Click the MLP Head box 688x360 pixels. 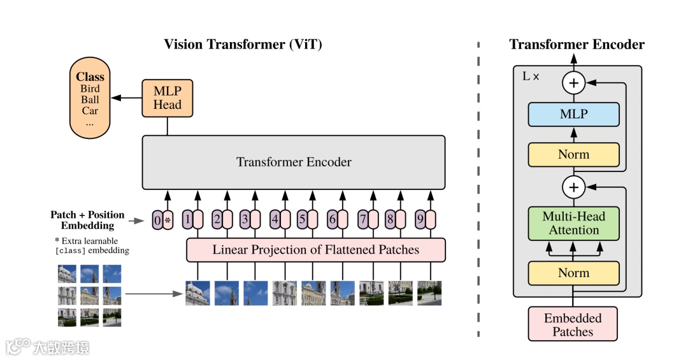click(167, 98)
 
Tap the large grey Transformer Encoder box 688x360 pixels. click(294, 162)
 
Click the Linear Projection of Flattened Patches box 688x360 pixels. click(316, 250)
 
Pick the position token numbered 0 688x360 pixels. click(158, 220)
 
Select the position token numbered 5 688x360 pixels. click(303, 220)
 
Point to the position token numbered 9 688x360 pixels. click(420, 220)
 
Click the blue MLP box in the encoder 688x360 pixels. click(573, 115)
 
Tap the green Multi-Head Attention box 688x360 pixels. click(573, 223)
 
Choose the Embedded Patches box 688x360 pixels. click(573, 324)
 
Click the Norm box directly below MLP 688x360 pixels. click(573, 155)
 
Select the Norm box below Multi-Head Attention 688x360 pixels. click(573, 273)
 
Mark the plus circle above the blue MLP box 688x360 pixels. click(573, 83)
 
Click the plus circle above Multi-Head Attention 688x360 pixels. click(573, 187)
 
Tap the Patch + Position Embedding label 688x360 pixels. click(88, 220)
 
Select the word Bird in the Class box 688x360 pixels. click(90, 89)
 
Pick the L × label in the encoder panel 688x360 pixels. click(531, 76)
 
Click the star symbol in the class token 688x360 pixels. click(168, 221)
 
